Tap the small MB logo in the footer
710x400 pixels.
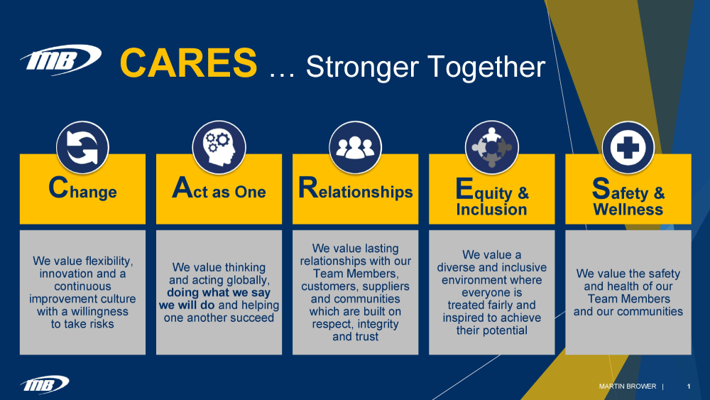tap(45, 384)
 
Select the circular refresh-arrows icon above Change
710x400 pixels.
tap(82, 148)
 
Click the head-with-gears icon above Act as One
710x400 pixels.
tap(219, 148)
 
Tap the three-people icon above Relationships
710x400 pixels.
tap(355, 148)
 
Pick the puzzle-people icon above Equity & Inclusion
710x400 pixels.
tap(491, 148)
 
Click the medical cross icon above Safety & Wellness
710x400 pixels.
tap(628, 148)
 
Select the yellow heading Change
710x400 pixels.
tap(82, 190)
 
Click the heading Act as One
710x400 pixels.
tap(219, 190)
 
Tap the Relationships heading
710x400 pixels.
tap(355, 190)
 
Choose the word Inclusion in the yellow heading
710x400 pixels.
tap(491, 210)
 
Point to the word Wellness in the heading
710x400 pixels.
tap(628, 210)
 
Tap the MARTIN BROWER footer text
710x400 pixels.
tap(627, 387)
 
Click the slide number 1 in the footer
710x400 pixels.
tap(689, 387)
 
